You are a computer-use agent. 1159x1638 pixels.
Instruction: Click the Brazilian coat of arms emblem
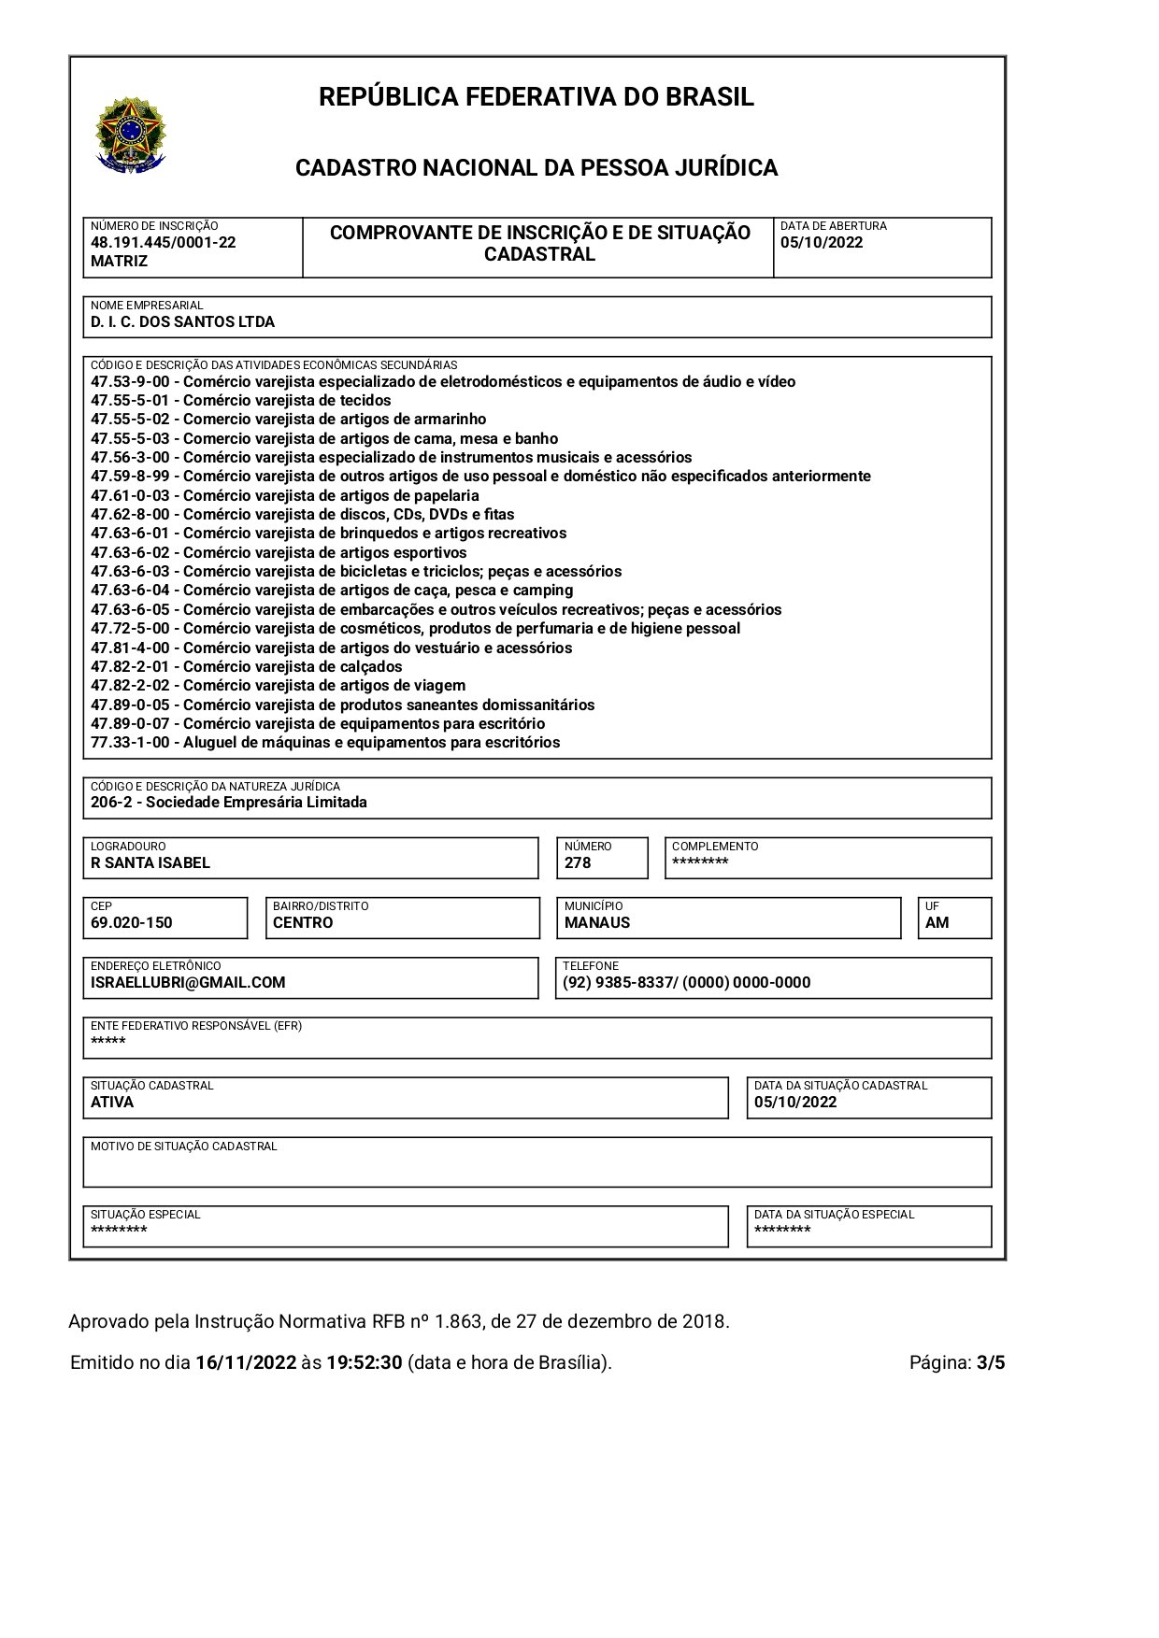tap(131, 135)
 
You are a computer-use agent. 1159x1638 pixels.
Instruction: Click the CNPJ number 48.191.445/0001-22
tap(163, 243)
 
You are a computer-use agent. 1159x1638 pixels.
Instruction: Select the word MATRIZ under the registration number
tap(119, 262)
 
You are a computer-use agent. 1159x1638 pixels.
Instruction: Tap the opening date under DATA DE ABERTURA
tap(821, 243)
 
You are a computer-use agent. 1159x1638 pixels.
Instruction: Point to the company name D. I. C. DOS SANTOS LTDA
tap(182, 322)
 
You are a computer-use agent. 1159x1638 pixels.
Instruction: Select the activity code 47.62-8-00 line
tap(302, 514)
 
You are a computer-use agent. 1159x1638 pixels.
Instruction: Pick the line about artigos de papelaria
tap(284, 495)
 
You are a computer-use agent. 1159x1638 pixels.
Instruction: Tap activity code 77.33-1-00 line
tap(325, 743)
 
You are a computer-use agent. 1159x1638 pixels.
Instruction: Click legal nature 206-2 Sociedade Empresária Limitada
tap(228, 803)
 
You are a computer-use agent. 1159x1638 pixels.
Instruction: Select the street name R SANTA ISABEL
tap(150, 863)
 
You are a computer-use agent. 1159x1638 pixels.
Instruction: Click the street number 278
tap(578, 863)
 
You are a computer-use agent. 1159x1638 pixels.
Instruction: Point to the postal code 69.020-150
tap(131, 923)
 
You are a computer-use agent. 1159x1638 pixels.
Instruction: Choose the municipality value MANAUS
tap(596, 923)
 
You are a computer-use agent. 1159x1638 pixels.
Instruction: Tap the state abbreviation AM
tap(937, 923)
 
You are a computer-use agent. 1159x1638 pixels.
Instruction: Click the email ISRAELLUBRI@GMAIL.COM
tap(187, 983)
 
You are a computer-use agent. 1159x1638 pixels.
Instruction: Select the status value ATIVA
tap(112, 1103)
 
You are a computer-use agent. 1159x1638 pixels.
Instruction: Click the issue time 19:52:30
tap(364, 1362)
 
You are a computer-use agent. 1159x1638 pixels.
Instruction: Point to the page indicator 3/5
tap(990, 1362)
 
